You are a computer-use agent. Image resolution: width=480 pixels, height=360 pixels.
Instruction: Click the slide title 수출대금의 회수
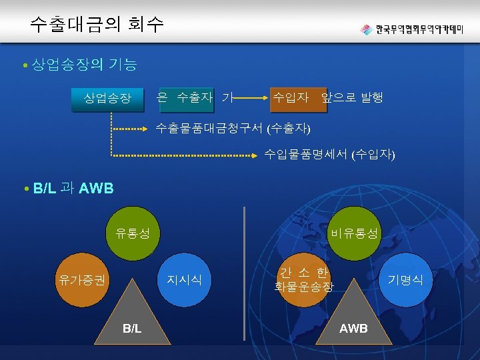click(97, 25)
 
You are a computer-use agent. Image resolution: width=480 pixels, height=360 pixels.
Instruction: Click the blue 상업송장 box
click(108, 99)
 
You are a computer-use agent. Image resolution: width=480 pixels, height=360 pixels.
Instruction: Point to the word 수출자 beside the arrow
click(195, 99)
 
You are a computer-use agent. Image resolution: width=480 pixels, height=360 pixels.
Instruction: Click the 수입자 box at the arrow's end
click(291, 99)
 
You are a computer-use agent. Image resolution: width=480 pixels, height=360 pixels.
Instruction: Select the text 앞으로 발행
click(352, 99)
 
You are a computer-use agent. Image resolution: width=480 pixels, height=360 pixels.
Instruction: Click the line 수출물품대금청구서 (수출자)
click(233, 127)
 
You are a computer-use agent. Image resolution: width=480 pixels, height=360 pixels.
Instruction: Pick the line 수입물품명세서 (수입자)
click(329, 155)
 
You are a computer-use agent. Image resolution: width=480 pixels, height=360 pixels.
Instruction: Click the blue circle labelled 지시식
click(185, 279)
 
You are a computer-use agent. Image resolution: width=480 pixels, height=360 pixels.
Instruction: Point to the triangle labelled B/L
click(131, 320)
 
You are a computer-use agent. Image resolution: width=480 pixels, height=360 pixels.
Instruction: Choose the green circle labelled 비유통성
click(353, 234)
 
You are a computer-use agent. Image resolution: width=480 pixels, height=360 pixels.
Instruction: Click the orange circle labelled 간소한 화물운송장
click(303, 280)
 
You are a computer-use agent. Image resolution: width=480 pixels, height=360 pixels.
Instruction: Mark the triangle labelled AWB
click(353, 320)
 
